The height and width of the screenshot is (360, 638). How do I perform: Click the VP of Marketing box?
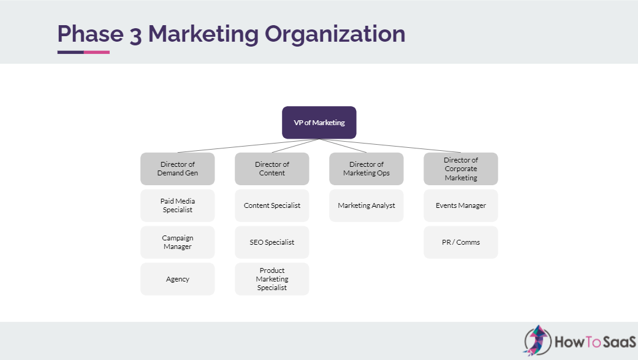point(319,123)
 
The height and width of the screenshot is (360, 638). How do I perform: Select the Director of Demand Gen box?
point(178,169)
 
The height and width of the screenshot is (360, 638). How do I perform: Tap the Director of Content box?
point(272,169)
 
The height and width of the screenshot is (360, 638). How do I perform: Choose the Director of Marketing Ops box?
point(366,169)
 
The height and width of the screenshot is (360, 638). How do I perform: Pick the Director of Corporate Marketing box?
point(461,169)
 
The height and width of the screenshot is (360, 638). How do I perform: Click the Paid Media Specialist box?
point(178,205)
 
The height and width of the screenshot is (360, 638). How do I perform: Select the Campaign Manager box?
point(178,242)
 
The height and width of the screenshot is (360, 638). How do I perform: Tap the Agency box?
point(178,279)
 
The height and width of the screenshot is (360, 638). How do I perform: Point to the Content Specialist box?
point(272,205)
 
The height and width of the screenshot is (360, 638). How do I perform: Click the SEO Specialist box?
point(272,242)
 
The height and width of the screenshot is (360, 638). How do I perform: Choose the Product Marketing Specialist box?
point(272,279)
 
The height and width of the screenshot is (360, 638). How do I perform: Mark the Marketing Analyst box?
point(366,205)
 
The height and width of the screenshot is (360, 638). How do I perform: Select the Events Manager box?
point(461,205)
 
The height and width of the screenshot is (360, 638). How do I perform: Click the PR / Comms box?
point(461,242)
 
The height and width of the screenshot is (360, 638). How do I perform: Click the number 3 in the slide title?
point(135,34)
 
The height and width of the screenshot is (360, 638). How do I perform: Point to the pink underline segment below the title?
point(96,52)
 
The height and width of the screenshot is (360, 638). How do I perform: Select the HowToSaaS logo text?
point(594,342)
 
